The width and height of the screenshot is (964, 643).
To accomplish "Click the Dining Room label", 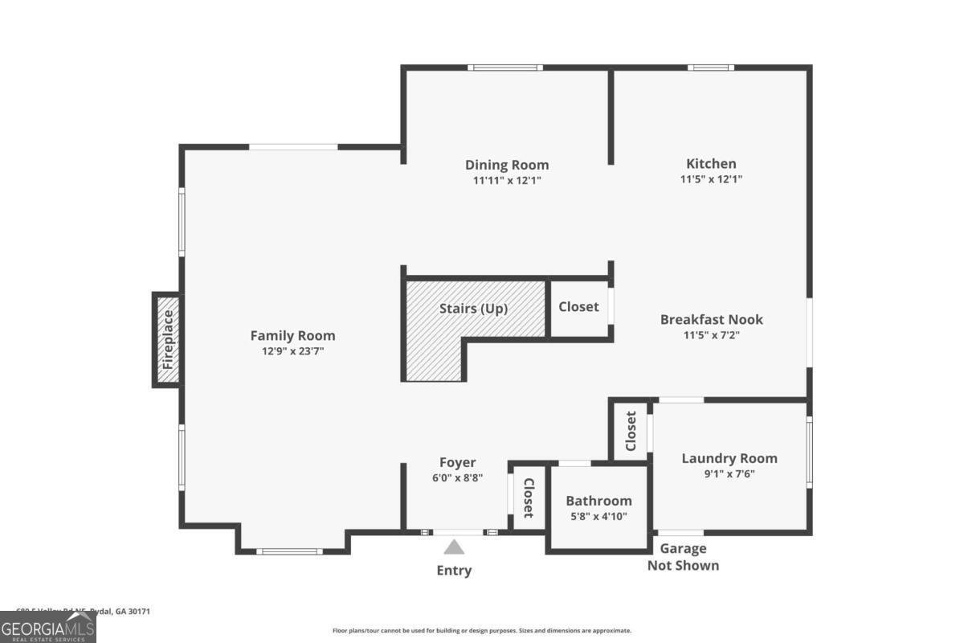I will pos(507,165).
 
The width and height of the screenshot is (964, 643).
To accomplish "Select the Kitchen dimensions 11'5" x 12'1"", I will pos(711,180).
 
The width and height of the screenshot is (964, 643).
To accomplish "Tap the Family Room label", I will pos(292,336).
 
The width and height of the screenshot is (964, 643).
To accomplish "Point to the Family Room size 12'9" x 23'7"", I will pos(292,351).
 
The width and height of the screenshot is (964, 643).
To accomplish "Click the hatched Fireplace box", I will pos(167,340).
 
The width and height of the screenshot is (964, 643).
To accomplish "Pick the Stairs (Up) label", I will pos(473,308).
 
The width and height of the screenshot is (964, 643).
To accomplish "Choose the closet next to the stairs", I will pos(578,306).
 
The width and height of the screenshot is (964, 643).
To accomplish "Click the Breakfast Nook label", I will pos(711,319).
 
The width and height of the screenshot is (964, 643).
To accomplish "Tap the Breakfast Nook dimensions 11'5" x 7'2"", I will pos(711,335).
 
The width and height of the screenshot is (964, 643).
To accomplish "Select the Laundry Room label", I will pos(729,458).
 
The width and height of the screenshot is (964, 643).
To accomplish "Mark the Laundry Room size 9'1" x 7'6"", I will pos(729,473).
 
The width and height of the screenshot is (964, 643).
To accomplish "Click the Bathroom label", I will pos(598,501).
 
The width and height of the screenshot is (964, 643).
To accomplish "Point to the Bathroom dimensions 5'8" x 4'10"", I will pos(598,516).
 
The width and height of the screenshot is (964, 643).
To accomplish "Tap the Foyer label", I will pos(457,462).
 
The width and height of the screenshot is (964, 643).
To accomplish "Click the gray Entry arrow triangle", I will pos(455,547).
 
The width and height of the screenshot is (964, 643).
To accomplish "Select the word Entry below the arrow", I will pos(454,571).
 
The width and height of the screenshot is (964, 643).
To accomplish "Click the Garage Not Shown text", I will pos(683,557).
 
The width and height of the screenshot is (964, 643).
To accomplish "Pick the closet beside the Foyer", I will pos(528,498).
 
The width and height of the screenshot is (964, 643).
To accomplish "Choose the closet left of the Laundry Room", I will pos(631,432).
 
